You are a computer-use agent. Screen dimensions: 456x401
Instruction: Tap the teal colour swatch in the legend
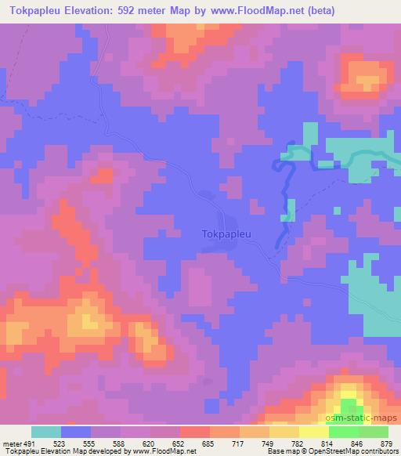pyautogui.click(x=46, y=431)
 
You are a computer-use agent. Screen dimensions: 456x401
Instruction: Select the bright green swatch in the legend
pyautogui.click(x=344, y=431)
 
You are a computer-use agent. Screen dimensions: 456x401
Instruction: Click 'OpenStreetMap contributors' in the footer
pyautogui.click(x=352, y=451)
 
